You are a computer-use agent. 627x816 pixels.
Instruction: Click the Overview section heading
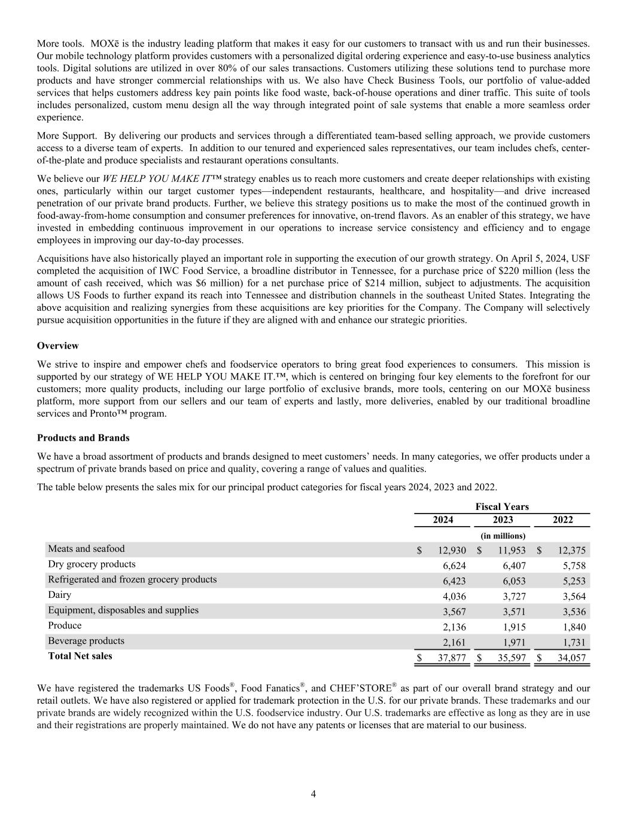pyautogui.click(x=57, y=346)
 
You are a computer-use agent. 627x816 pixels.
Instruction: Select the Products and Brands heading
pyautogui.click(x=83, y=438)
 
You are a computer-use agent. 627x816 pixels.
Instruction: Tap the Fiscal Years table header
pyautogui.click(x=502, y=506)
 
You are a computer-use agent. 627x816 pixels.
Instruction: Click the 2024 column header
pyautogui.click(x=443, y=519)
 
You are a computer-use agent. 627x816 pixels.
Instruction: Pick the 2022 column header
pyautogui.click(x=562, y=519)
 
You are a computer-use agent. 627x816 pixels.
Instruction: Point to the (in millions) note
pyautogui.click(x=503, y=536)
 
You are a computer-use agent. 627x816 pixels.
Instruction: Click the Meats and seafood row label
pyautogui.click(x=86, y=549)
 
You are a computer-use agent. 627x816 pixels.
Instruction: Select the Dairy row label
pyautogui.click(x=59, y=595)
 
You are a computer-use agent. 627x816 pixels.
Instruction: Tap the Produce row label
pyautogui.click(x=65, y=625)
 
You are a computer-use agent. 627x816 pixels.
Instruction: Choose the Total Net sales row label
pyautogui.click(x=80, y=656)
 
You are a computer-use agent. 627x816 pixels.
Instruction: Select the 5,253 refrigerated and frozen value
pyautogui.click(x=571, y=581)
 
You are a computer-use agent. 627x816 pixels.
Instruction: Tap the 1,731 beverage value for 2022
pyautogui.click(x=571, y=642)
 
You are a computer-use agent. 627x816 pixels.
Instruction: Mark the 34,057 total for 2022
pyautogui.click(x=571, y=658)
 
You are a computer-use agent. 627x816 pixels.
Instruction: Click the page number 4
pyautogui.click(x=313, y=794)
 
